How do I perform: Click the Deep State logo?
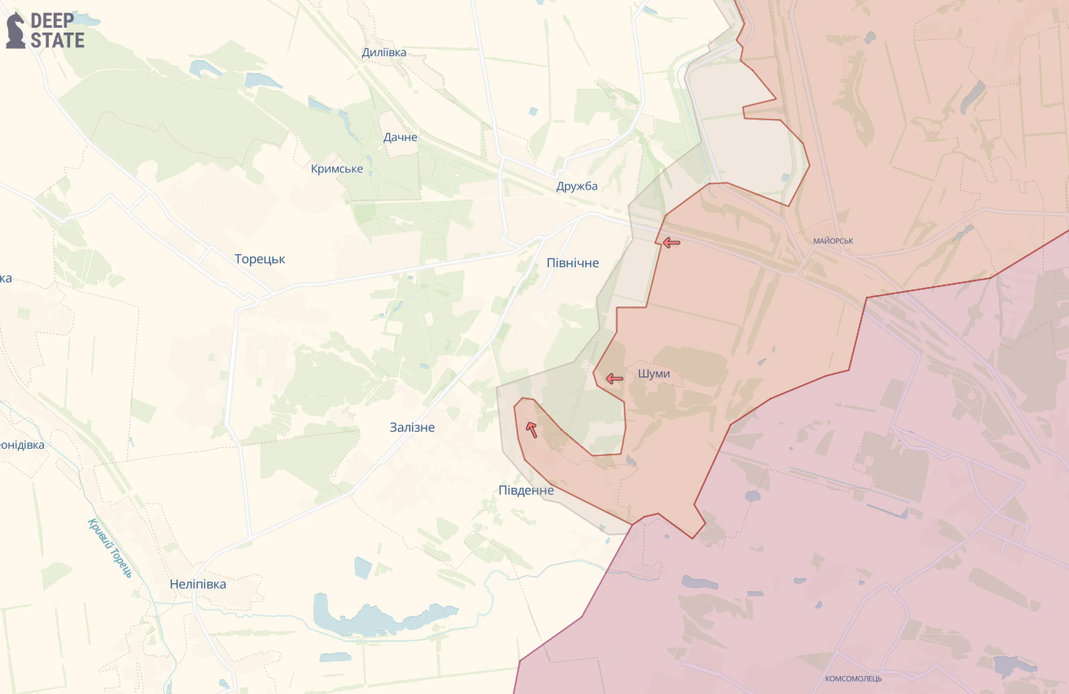46,30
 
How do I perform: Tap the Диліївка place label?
383,53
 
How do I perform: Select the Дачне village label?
400,137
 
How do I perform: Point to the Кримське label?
336,169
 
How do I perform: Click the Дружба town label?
576,186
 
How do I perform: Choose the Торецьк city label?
260,259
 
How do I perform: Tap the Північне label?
572,262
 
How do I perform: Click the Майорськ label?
833,241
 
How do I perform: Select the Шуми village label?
655,374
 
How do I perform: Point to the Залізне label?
412,427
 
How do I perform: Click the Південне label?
526,490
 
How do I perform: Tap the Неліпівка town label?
198,584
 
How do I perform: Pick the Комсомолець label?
852,679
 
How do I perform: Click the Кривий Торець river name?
110,547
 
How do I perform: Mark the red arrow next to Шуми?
614,379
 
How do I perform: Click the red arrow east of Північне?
671,242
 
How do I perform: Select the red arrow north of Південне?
532,429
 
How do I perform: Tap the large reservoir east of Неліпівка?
383,615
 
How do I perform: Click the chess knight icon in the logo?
15,31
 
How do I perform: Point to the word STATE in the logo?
57,40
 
